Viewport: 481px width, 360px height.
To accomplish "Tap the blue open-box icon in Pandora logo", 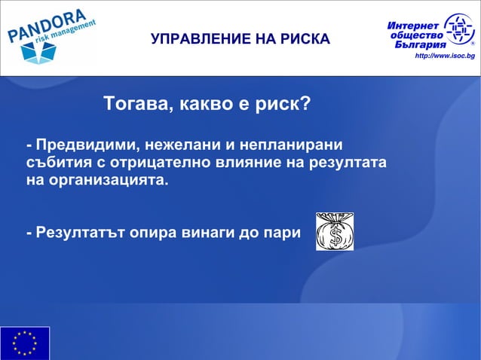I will click(x=38, y=53).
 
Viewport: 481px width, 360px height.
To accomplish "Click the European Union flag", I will click(x=25, y=343).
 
